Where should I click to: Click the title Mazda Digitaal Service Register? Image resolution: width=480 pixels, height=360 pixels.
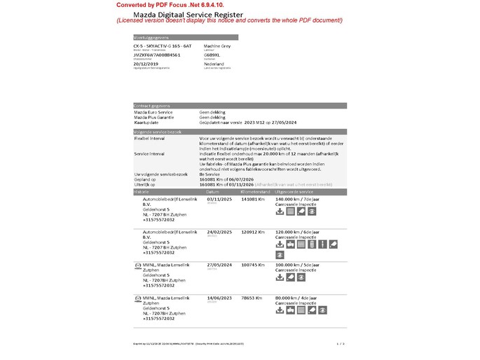pyautogui.click(x=193, y=14)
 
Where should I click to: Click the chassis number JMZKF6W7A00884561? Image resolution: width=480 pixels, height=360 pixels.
pyautogui.click(x=156, y=54)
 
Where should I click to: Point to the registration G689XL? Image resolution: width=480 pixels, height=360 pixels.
pyautogui.click(x=212, y=54)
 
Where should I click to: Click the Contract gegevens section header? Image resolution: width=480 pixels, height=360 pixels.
pyautogui.click(x=153, y=106)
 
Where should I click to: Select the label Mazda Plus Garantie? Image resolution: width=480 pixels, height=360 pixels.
pyautogui.click(x=153, y=117)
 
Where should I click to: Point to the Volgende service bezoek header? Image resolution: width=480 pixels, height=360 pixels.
pyautogui.click(x=158, y=132)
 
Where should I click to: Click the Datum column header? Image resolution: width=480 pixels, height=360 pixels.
pyautogui.click(x=213, y=191)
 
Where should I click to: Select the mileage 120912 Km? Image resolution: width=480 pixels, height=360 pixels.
pyautogui.click(x=253, y=232)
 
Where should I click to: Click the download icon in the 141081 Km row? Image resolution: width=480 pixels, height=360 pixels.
pyautogui.click(x=280, y=211)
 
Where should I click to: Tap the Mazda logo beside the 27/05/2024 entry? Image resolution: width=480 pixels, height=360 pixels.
pyautogui.click(x=137, y=265)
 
